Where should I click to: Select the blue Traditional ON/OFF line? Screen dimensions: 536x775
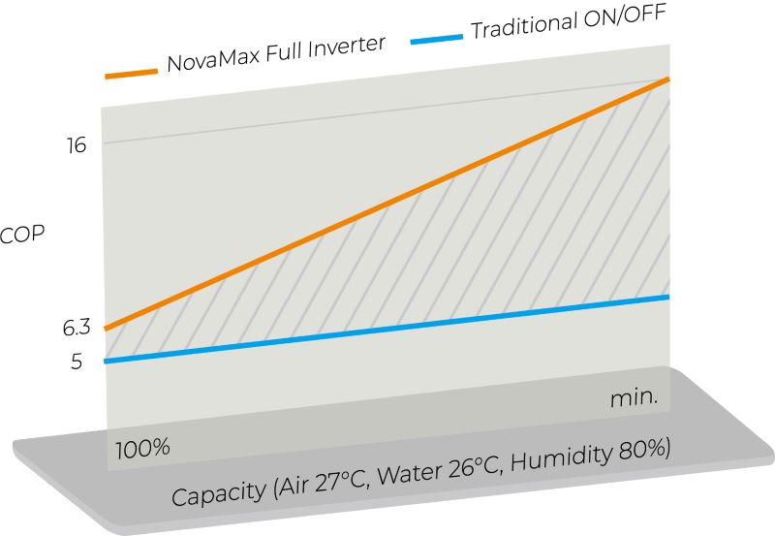pyautogui.click(x=387, y=330)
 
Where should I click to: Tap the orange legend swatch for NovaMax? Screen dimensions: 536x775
pyautogui.click(x=131, y=73)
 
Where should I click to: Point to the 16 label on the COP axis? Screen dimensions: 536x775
pyautogui.click(x=77, y=145)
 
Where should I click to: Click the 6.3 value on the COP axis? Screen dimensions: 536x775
pyautogui.click(x=77, y=328)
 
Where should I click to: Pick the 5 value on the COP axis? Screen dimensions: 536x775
pyautogui.click(x=77, y=363)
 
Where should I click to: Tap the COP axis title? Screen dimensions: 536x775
pyautogui.click(x=22, y=236)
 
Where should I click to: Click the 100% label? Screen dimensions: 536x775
pyautogui.click(x=143, y=449)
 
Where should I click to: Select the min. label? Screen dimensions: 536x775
pyautogui.click(x=635, y=397)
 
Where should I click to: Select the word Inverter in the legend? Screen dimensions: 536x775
pyautogui.click(x=353, y=47)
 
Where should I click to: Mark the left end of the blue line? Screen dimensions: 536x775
pyautogui.click(x=106, y=362)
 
